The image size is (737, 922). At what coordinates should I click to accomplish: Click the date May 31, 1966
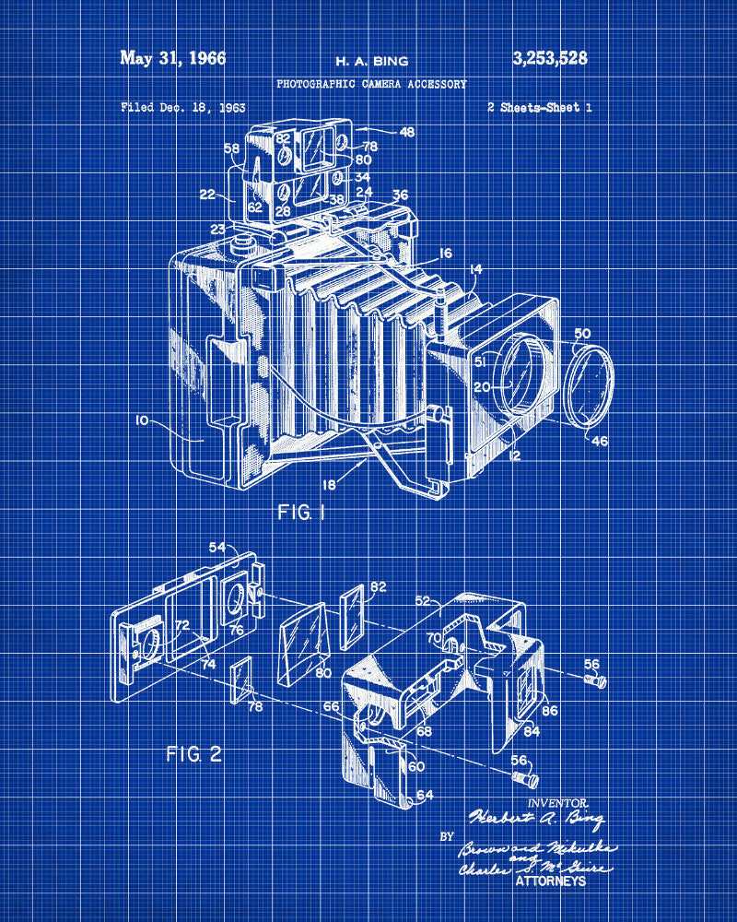click(172, 58)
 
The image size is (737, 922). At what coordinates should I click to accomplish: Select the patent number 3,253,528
click(549, 59)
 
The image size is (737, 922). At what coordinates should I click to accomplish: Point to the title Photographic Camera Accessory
click(371, 84)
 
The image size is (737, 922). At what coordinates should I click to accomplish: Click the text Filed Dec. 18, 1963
click(182, 107)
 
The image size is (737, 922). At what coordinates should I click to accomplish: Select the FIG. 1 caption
click(301, 512)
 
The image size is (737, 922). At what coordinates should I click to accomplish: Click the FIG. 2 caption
click(193, 753)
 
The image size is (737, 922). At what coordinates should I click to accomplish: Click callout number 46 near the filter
click(600, 441)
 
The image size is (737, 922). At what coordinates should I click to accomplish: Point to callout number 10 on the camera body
click(142, 420)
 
